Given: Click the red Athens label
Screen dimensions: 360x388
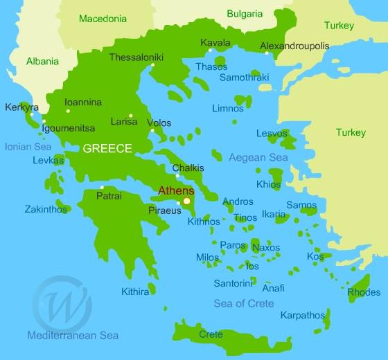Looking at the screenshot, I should tap(176, 190).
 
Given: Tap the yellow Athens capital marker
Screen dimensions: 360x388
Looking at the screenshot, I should tap(186, 201).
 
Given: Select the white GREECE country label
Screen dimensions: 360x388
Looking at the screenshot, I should tap(107, 148).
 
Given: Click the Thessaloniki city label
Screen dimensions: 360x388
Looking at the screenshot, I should tap(136, 57).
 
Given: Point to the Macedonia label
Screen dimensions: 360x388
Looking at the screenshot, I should tap(103, 19).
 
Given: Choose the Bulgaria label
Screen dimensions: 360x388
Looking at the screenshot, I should tap(245, 13).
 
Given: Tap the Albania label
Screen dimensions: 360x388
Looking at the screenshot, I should tap(43, 61).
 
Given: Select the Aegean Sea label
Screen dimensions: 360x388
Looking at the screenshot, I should tap(258, 158).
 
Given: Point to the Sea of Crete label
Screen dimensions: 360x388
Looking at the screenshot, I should tap(243, 303).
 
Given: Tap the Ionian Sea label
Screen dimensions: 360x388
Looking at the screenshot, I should tap(28, 147).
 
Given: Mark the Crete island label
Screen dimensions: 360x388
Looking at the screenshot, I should tap(211, 334).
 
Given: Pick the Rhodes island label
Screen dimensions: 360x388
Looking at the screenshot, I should tap(363, 292).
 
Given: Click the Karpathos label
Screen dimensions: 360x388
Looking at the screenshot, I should tap(302, 315).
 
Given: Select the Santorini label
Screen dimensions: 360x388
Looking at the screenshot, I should tap(233, 283).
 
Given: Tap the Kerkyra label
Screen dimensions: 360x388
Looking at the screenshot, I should tap(22, 107).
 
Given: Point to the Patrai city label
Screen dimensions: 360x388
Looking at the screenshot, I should tap(109, 196).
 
